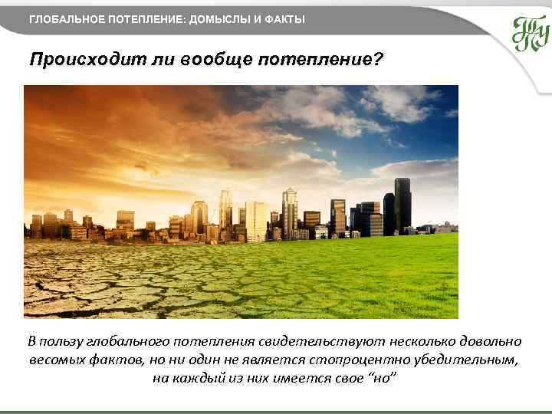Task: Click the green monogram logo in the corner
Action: click(x=530, y=33)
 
